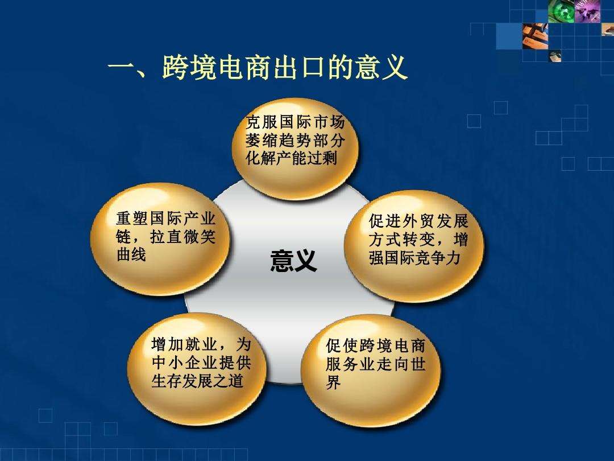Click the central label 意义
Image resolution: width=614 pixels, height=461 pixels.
[293, 261]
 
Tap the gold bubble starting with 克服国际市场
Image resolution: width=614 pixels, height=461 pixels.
[295, 148]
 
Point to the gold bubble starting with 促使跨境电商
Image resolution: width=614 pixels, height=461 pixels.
[372, 371]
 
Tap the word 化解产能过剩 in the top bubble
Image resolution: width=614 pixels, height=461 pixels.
[291, 158]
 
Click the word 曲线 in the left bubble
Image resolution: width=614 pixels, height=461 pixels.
[131, 255]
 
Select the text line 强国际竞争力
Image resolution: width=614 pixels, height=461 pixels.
[414, 258]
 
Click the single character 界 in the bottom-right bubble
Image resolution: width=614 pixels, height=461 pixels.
[334, 383]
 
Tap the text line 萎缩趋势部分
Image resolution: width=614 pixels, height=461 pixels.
[295, 139]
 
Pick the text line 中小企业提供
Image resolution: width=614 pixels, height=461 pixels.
[201, 363]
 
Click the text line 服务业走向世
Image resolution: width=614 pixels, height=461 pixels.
[376, 364]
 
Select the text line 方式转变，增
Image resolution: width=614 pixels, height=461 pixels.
[418, 240]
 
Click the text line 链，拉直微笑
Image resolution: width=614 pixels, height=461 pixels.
[165, 237]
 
